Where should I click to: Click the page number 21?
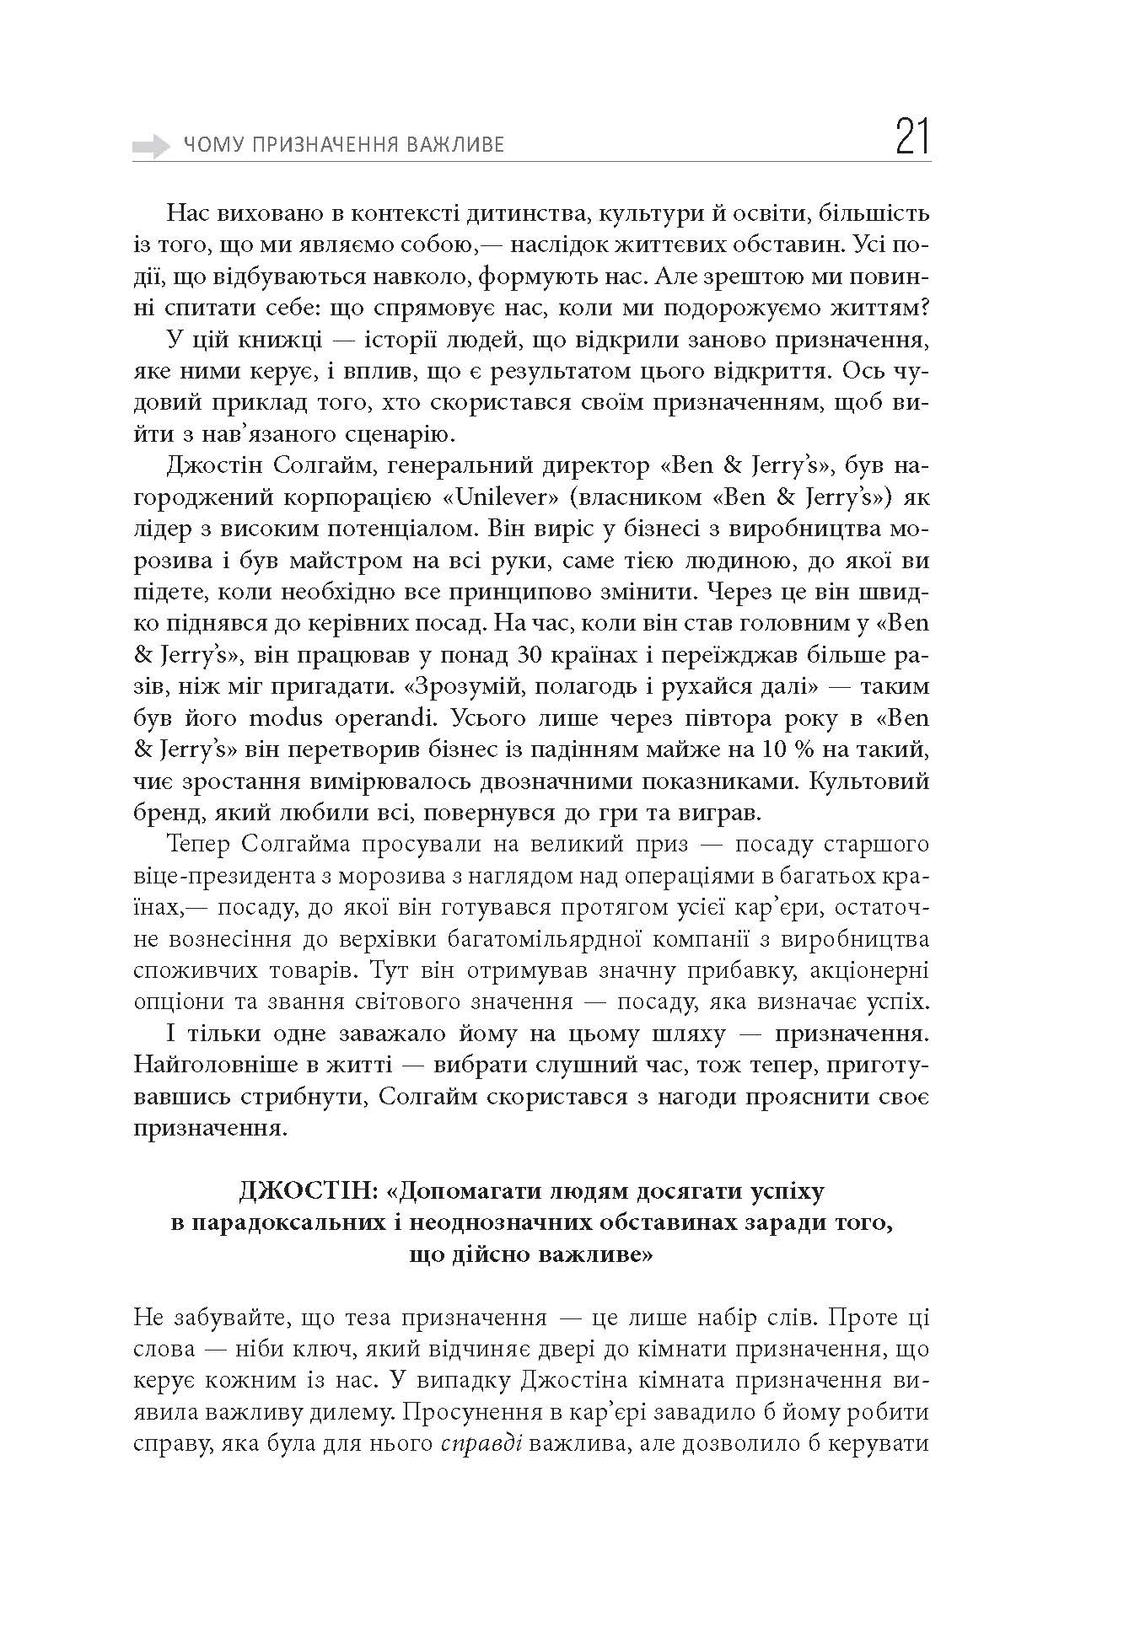pyautogui.click(x=912, y=138)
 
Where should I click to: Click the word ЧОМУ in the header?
pyautogui.click(x=207, y=146)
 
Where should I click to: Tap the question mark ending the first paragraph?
pyautogui.click(x=925, y=309)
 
